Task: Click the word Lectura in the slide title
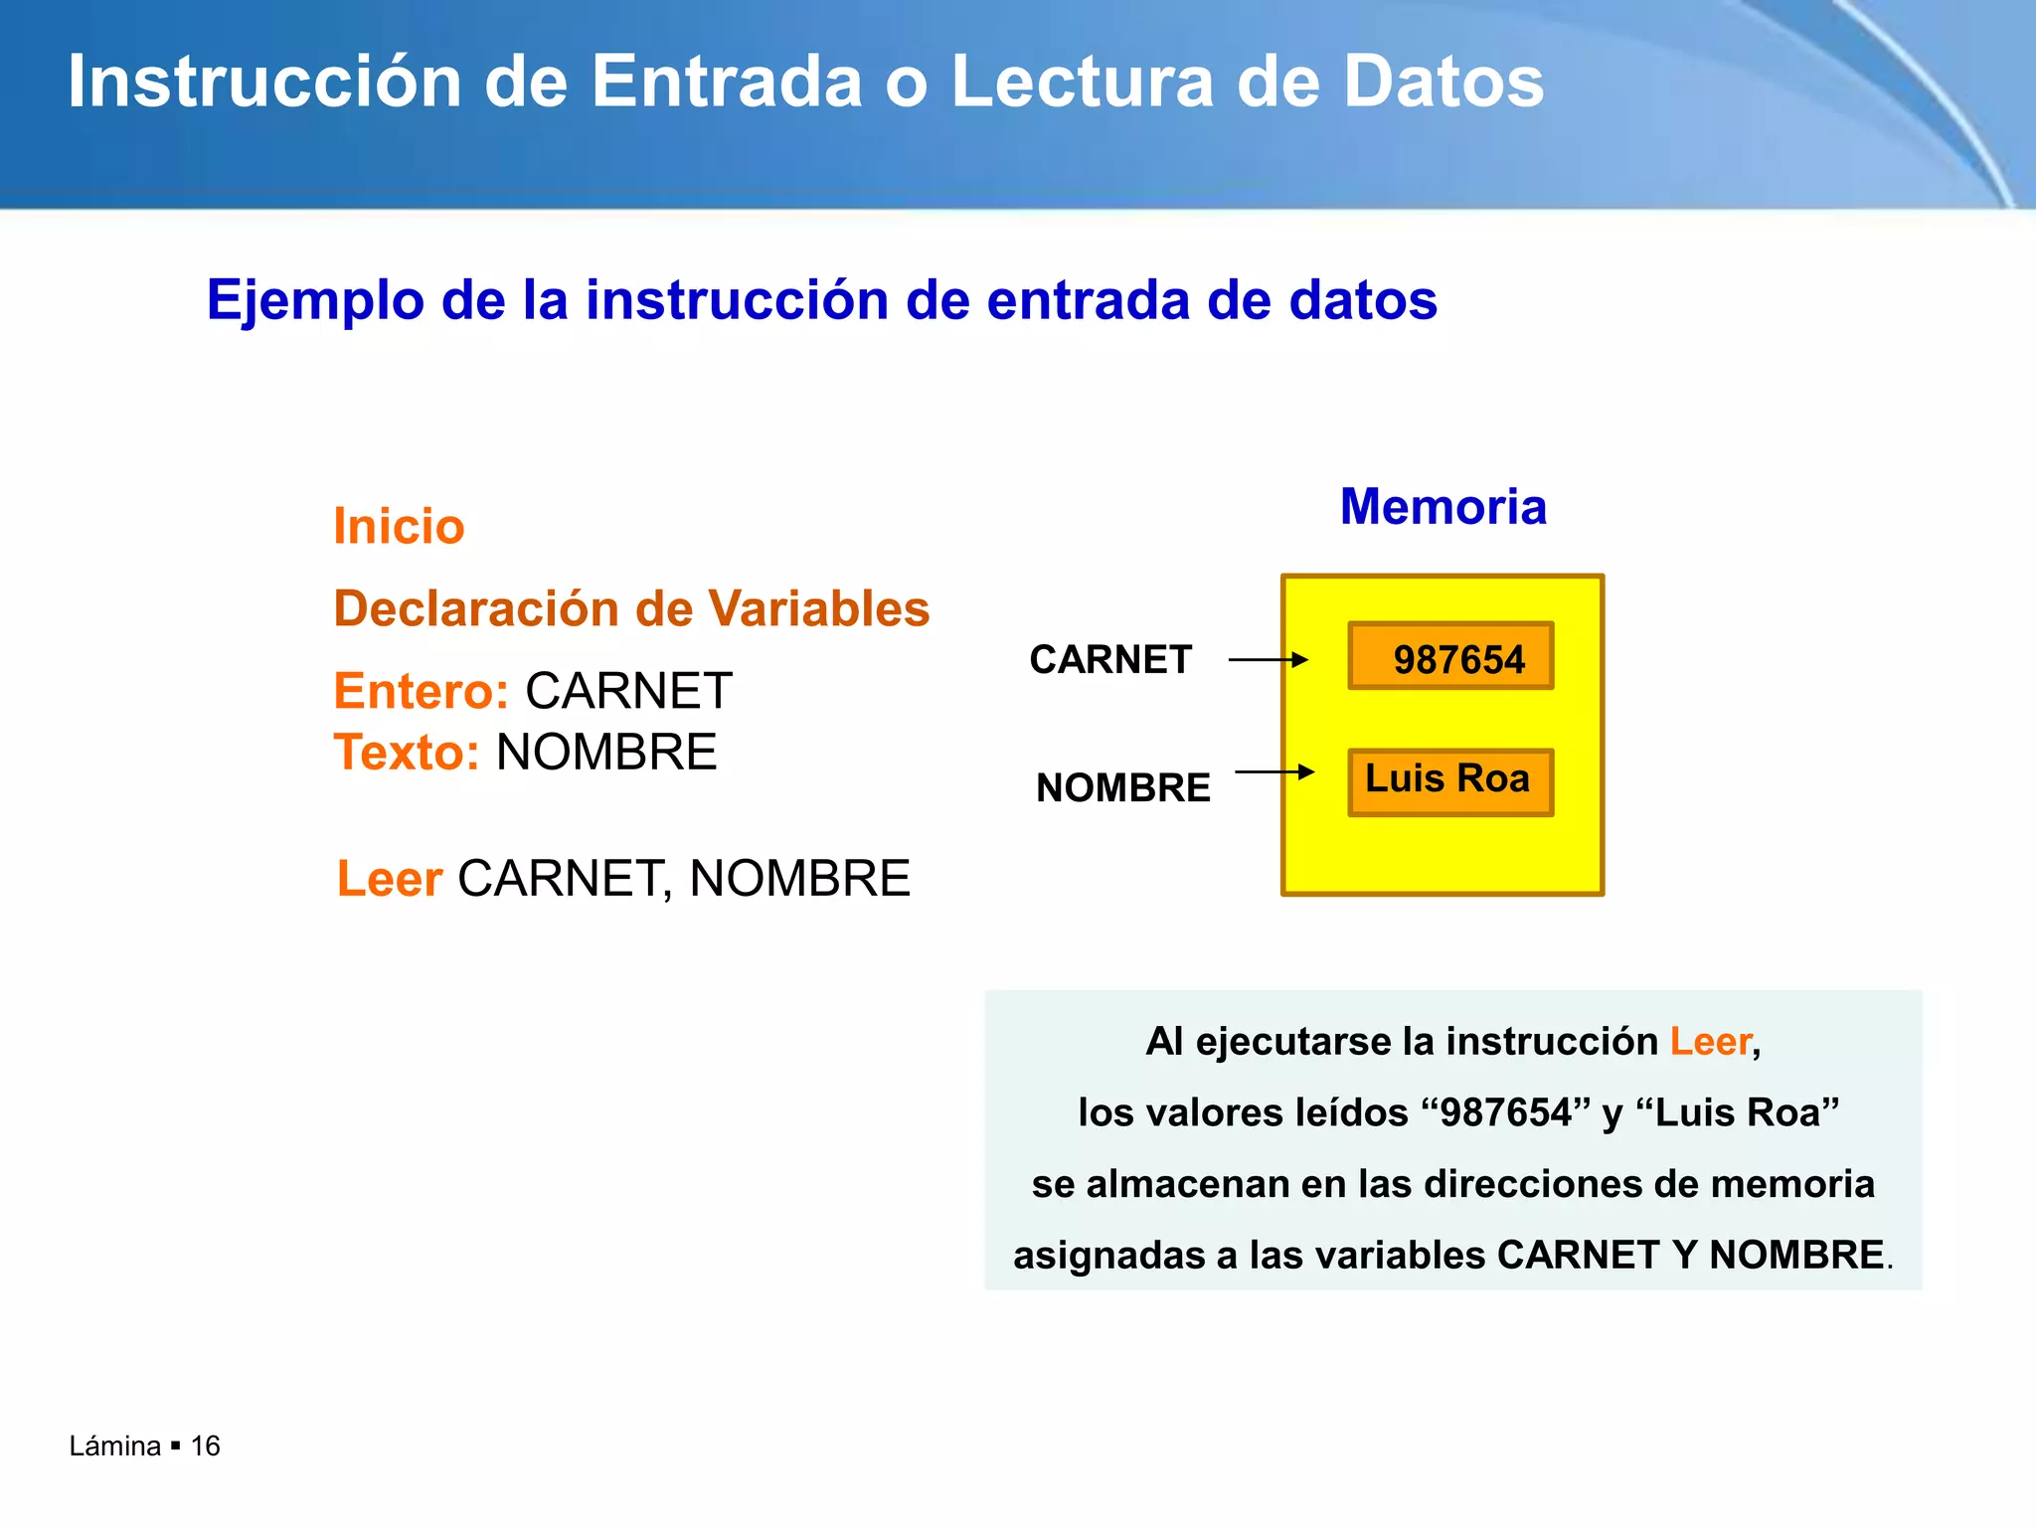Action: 1082,82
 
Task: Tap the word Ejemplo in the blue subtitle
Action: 314,299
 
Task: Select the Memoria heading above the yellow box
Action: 1442,507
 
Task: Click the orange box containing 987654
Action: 1450,657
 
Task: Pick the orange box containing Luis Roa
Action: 1450,782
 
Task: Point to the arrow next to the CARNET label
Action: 1268,660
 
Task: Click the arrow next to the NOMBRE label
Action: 1273,772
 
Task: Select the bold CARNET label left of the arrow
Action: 1110,660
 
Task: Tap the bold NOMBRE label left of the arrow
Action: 1122,788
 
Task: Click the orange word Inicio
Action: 399,527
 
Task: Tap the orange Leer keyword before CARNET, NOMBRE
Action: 389,879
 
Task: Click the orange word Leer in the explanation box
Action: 1710,1042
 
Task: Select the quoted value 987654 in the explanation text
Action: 1507,1112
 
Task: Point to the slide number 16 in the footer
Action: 205,1446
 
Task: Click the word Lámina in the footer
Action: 114,1446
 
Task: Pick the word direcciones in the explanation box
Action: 1530,1184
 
